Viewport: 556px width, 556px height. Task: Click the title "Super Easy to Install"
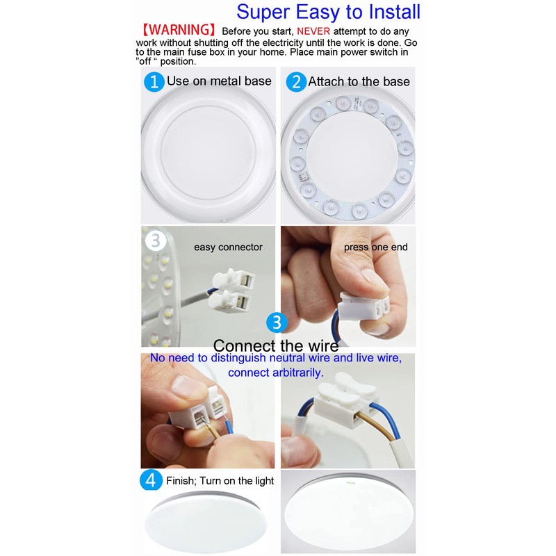point(328,12)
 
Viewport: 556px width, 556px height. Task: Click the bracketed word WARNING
point(179,31)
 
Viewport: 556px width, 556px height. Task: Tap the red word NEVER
point(314,32)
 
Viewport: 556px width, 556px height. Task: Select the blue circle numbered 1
point(154,81)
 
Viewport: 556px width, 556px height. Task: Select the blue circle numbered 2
point(296,81)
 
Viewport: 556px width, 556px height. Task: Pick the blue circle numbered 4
point(152,480)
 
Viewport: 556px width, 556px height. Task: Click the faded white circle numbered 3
point(155,240)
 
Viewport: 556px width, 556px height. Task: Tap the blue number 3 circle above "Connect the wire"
point(277,322)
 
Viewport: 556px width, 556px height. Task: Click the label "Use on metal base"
point(219,81)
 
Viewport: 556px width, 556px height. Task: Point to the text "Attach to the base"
point(359,81)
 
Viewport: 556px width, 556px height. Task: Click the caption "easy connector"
point(228,247)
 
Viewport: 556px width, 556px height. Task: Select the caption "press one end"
point(375,247)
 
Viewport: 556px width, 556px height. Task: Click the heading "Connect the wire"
point(276,345)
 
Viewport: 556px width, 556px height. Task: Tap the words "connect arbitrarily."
point(275,373)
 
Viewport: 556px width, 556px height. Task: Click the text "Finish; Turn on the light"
point(220,481)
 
